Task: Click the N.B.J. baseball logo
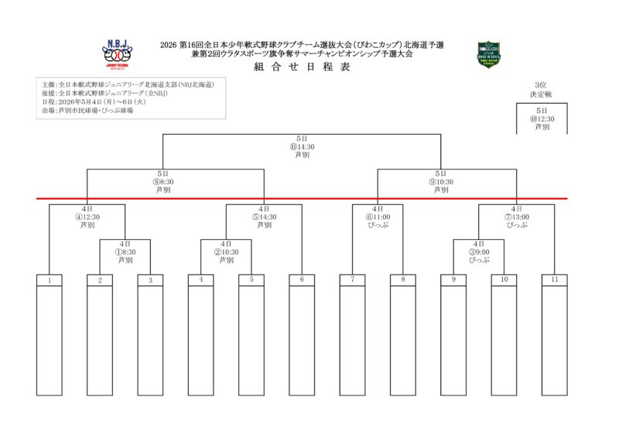118,56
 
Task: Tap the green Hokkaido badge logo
488,55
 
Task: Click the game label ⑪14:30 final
302,146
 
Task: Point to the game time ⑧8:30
162,182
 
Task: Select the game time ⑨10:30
441,182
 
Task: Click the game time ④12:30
87,217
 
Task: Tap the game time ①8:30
125,252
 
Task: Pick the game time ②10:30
226,252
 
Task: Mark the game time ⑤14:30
264,217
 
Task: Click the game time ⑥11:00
378,217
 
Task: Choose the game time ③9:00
479,252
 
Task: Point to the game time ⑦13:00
517,217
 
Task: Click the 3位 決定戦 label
541,89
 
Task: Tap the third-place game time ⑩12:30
542,119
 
